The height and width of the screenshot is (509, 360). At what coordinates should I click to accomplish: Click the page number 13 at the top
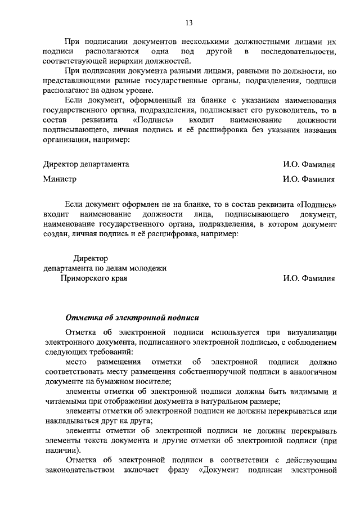pyautogui.click(x=189, y=23)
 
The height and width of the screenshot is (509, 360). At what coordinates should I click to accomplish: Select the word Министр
pyautogui.click(x=60, y=179)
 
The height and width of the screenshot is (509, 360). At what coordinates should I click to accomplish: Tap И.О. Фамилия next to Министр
pyautogui.click(x=309, y=180)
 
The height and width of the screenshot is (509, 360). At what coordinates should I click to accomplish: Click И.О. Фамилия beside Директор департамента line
pyautogui.click(x=309, y=165)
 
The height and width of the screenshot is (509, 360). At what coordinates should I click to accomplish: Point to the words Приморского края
pyautogui.click(x=94, y=278)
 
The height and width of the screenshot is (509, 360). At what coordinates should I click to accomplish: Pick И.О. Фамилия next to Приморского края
pyautogui.click(x=309, y=278)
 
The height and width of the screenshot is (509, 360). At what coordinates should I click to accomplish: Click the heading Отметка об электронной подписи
pyautogui.click(x=132, y=317)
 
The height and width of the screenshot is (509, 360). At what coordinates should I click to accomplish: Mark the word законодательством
pyautogui.click(x=79, y=470)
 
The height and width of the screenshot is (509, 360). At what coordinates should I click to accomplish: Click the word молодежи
pyautogui.click(x=148, y=268)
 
